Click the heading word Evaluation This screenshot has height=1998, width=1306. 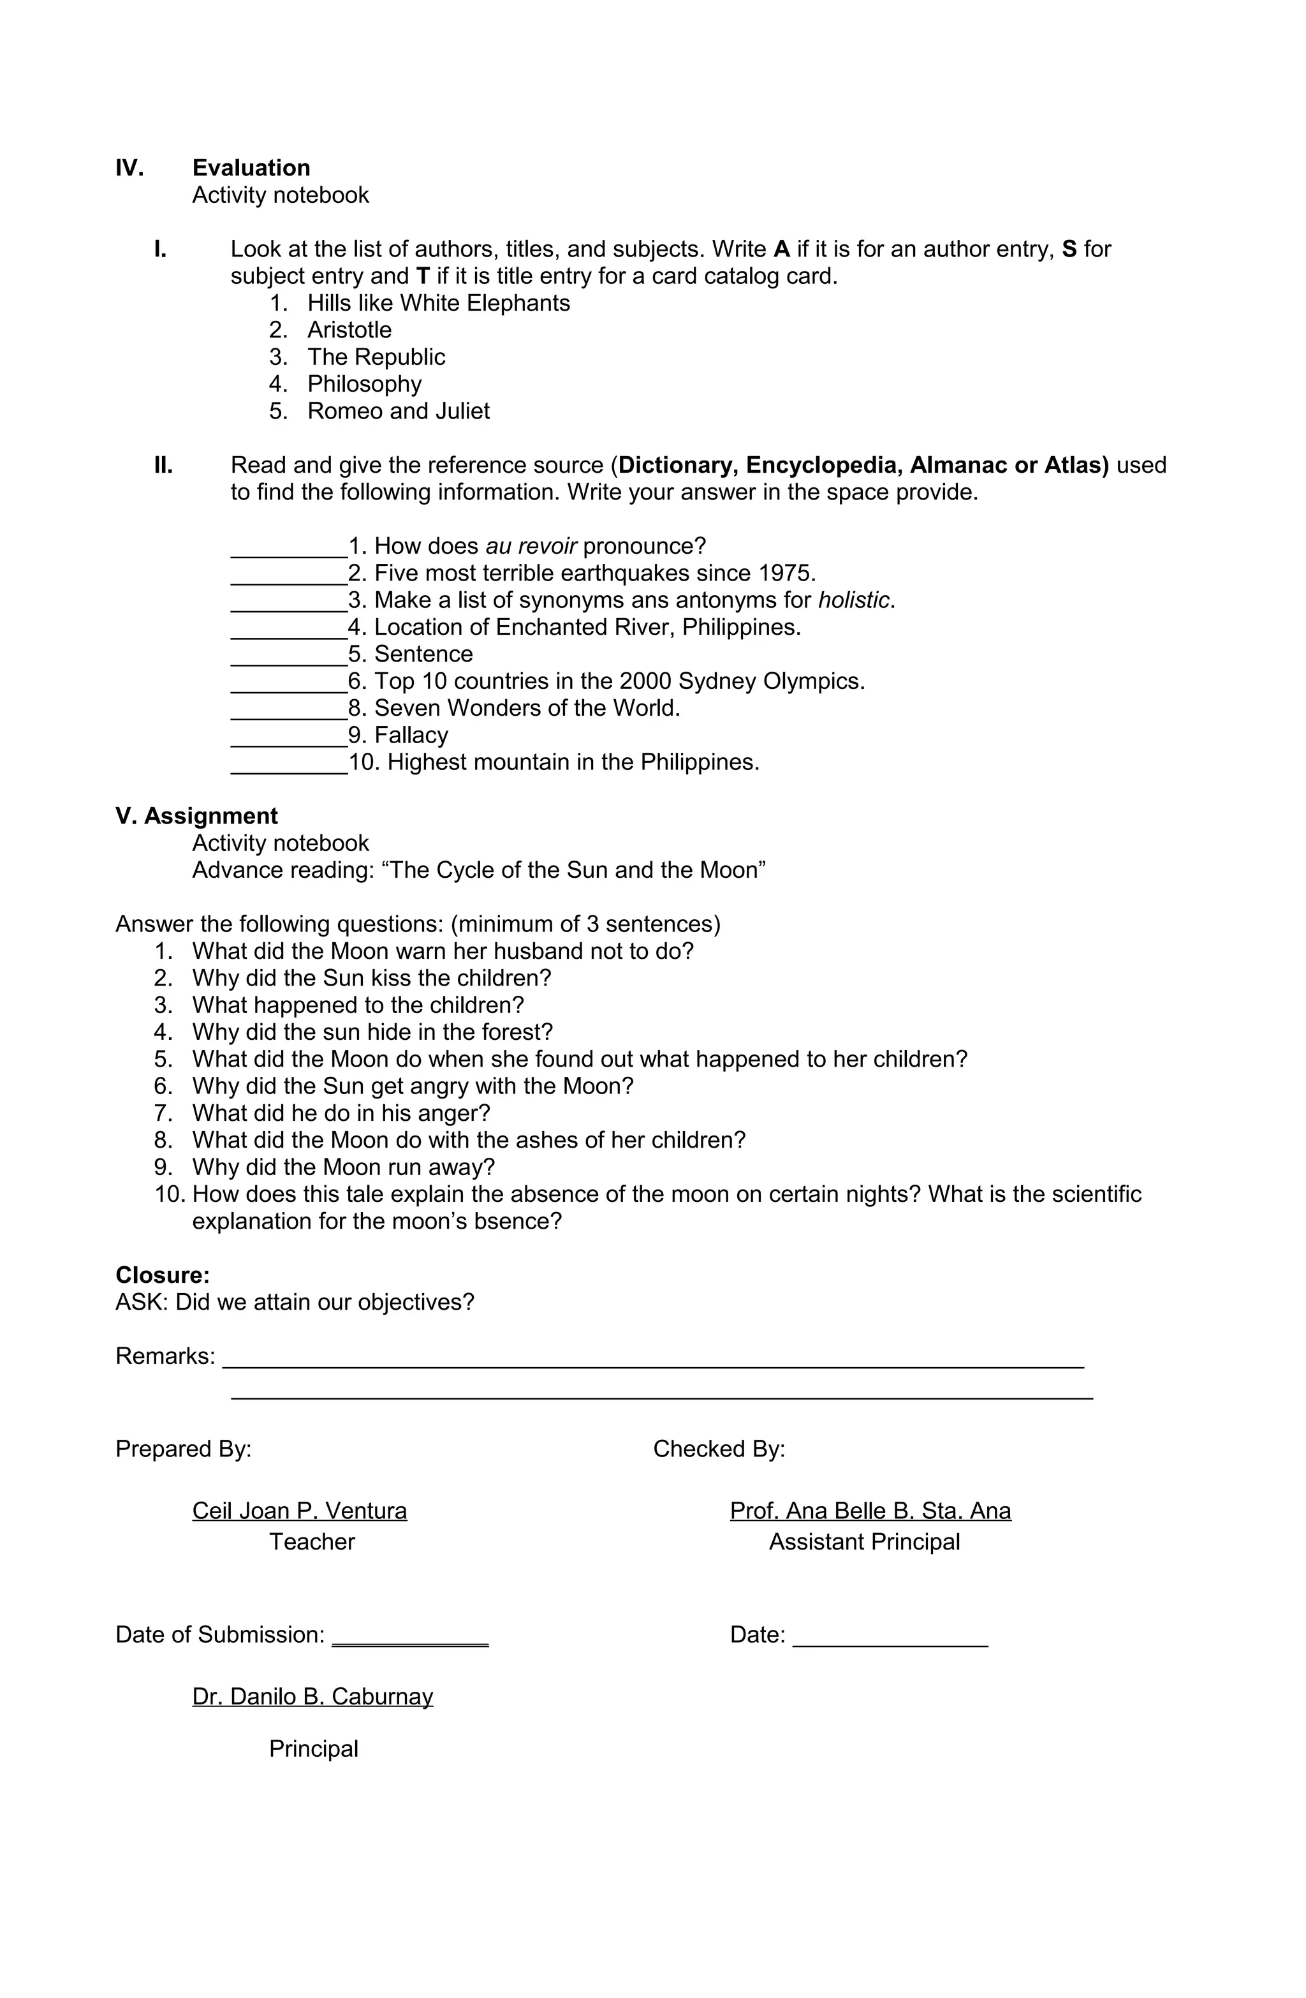(x=251, y=168)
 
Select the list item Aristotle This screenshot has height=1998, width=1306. (x=349, y=330)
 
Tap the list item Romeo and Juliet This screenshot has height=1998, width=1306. (x=398, y=411)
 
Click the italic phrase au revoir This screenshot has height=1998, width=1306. (x=531, y=547)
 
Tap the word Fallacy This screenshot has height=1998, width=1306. (x=411, y=736)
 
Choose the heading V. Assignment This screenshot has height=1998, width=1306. (x=196, y=816)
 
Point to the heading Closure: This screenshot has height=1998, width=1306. (x=163, y=1275)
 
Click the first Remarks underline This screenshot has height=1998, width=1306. (x=653, y=1366)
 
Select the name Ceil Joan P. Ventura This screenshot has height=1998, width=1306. (x=300, y=1511)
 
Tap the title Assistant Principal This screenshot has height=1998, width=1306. (x=863, y=1542)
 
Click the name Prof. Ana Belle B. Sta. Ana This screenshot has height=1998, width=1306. (x=870, y=1511)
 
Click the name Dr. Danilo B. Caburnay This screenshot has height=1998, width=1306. (x=312, y=1697)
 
